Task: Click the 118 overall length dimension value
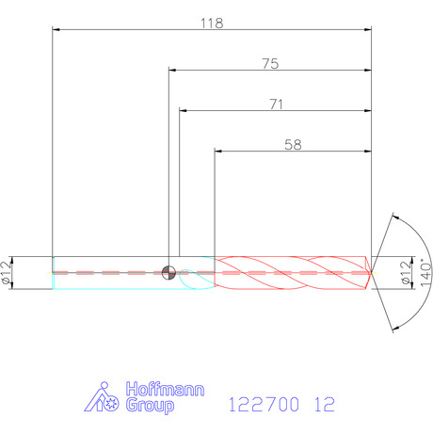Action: (x=212, y=24)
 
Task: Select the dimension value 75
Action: (x=270, y=64)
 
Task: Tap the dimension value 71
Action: (x=277, y=104)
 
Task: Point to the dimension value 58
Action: (x=293, y=145)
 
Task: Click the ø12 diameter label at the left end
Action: (x=6, y=273)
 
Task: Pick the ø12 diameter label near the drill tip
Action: (x=407, y=273)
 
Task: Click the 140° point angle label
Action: (x=425, y=272)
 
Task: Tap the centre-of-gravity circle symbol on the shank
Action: (x=168, y=272)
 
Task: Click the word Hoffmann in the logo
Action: (x=165, y=389)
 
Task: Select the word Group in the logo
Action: (x=150, y=405)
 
